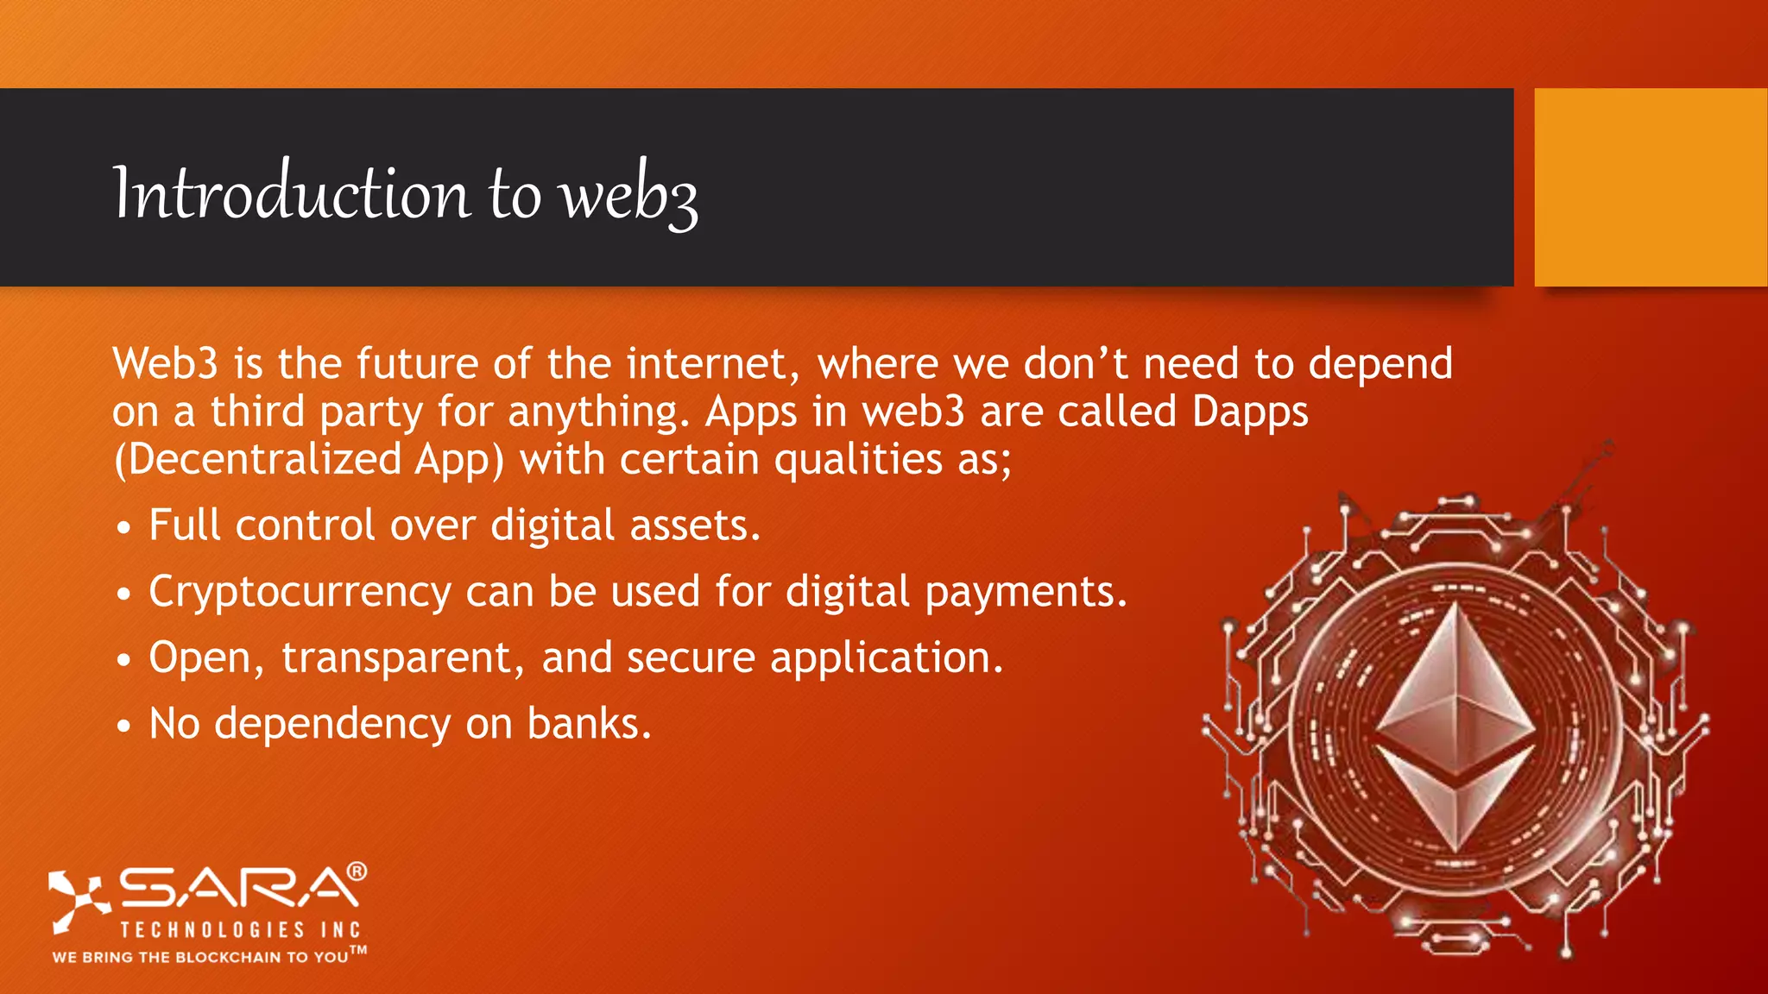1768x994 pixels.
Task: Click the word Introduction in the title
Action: pyautogui.click(x=292, y=193)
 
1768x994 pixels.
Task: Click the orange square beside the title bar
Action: pyautogui.click(x=1650, y=187)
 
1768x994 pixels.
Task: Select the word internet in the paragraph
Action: pyautogui.click(x=707, y=364)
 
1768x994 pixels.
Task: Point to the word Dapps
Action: pyautogui.click(x=1249, y=412)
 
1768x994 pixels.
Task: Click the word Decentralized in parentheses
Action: pyautogui.click(x=264, y=459)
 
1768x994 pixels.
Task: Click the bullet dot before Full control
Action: pyautogui.click(x=124, y=527)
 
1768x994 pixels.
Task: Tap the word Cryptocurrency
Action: pyautogui.click(x=300, y=593)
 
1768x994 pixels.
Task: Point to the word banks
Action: pyautogui.click(x=589, y=724)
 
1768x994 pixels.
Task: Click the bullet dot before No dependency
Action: pyautogui.click(x=124, y=727)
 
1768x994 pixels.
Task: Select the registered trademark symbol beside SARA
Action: pyautogui.click(x=357, y=871)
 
